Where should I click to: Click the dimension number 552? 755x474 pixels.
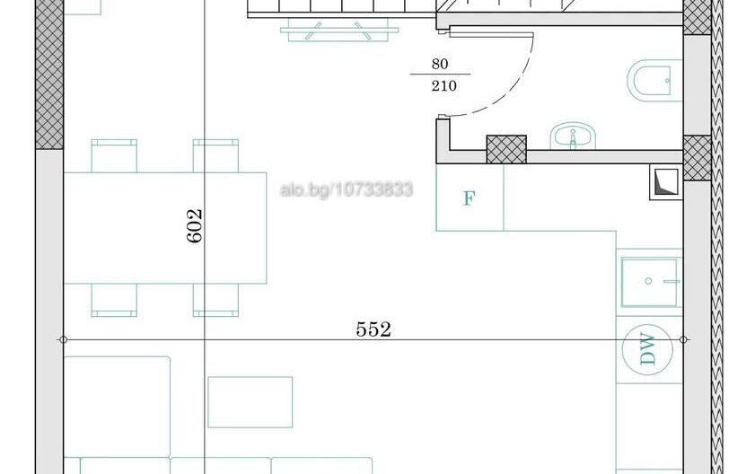click(x=373, y=329)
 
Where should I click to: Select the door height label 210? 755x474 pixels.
click(x=443, y=86)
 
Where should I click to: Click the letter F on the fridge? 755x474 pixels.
click(x=469, y=198)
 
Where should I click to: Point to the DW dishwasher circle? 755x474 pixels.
click(x=648, y=350)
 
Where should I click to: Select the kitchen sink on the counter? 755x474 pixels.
click(x=651, y=280)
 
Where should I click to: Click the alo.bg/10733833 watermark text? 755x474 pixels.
click(x=347, y=189)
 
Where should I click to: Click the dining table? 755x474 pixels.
click(x=166, y=227)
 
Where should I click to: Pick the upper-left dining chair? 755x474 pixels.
click(x=114, y=154)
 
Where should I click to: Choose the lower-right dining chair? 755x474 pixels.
click(x=215, y=299)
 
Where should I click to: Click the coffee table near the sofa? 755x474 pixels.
click(x=250, y=401)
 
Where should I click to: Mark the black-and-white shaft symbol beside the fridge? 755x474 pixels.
click(x=665, y=182)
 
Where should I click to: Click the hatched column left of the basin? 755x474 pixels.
click(x=506, y=149)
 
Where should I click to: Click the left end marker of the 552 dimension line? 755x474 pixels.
click(x=63, y=339)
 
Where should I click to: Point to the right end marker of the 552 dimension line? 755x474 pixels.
click(x=685, y=339)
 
